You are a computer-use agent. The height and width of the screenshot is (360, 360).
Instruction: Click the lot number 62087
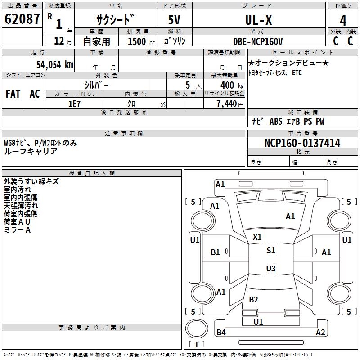pos(22,20)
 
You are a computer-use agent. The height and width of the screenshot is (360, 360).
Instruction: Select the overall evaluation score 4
pos(343,21)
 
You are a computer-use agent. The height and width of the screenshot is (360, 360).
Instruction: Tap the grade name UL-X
pos(258,20)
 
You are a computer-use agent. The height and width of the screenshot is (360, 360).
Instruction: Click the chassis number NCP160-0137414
pos(302,143)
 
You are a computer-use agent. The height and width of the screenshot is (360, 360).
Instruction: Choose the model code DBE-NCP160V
pos(258,41)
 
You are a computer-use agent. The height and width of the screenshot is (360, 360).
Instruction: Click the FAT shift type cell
pos(13,94)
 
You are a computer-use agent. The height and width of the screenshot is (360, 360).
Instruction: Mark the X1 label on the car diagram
pos(257,237)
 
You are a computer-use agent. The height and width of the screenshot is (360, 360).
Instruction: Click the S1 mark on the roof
pos(270,251)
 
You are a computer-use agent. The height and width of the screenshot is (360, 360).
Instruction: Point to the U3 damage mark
pos(270,269)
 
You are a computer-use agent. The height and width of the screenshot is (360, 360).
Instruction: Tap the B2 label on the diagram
pos(254,300)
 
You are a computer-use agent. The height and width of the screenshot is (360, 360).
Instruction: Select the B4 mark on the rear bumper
pos(221,333)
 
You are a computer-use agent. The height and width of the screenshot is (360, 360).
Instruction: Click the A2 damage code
pos(320,333)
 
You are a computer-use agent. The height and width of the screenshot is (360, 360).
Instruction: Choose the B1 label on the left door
pos(216,252)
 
